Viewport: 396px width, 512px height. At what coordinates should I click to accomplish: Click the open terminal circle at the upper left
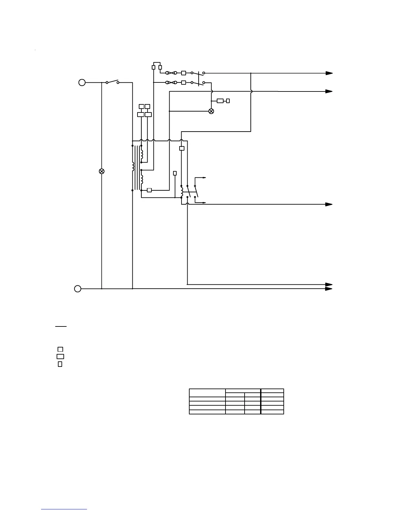tap(82, 82)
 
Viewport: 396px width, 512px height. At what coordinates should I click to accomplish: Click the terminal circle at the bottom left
tap(78, 289)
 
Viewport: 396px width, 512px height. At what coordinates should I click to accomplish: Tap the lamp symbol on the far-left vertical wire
tap(102, 171)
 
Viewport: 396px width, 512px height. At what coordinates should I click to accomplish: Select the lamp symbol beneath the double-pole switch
tap(211, 111)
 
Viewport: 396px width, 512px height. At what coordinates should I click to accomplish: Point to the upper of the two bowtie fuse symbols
tap(171, 73)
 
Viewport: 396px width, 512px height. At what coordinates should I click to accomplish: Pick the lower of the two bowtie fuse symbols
tap(171, 83)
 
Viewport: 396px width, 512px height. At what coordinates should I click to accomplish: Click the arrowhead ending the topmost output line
tap(329, 73)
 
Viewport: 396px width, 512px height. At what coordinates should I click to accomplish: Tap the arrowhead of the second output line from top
tap(329, 91)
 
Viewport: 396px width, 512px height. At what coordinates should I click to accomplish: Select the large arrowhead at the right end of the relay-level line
tap(329, 204)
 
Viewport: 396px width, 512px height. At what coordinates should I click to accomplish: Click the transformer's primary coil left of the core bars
tap(133, 166)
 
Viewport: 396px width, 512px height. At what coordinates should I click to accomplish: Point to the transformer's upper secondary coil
tap(142, 155)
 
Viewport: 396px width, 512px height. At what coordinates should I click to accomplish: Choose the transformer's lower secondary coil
tap(142, 178)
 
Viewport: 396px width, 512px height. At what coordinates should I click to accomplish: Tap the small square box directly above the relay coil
tap(182, 148)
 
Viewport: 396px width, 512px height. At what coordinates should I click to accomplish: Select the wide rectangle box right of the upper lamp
tap(220, 101)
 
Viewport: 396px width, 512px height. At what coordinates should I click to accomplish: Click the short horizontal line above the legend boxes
tap(60, 326)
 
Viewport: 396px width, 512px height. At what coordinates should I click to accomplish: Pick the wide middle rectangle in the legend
tap(60, 357)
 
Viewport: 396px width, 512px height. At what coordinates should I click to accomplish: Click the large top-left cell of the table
tap(207, 392)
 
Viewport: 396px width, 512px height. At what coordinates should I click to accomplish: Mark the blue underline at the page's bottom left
tap(64, 509)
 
